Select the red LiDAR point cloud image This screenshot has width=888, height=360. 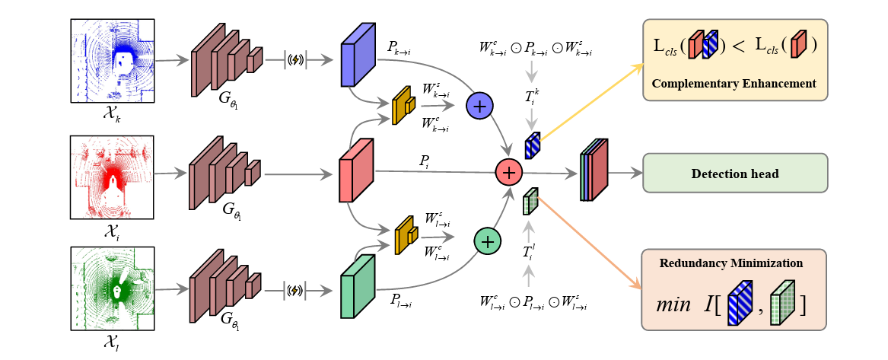click(x=112, y=177)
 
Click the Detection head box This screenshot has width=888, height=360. click(x=734, y=174)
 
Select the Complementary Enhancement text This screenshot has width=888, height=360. click(x=735, y=83)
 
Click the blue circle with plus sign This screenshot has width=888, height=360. click(x=479, y=106)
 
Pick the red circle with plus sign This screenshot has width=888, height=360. click(x=508, y=173)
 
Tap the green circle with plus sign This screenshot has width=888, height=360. click(x=487, y=241)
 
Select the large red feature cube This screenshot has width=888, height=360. click(x=356, y=170)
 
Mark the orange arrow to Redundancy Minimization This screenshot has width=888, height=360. click(x=590, y=242)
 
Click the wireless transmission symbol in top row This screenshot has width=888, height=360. click(x=297, y=60)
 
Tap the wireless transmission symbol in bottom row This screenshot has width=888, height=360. click(x=297, y=290)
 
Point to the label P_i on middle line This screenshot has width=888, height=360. click(x=425, y=161)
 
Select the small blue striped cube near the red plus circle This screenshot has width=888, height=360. click(x=532, y=144)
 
